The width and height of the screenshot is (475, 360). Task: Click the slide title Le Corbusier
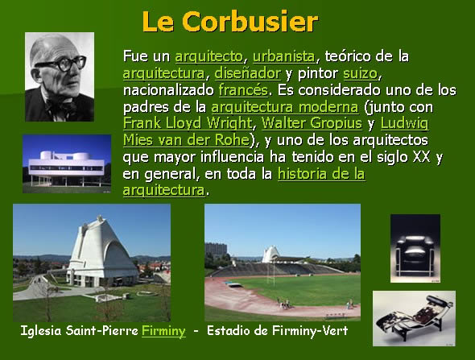[230, 22]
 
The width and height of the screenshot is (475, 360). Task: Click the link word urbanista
[284, 56]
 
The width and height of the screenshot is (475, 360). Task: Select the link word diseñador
[247, 73]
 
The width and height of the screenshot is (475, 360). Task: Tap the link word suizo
[361, 73]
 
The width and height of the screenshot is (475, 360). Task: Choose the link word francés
[243, 90]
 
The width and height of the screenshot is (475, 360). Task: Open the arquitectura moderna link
[285, 107]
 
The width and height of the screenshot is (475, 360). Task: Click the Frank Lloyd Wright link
[188, 123]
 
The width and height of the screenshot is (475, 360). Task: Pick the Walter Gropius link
[312, 123]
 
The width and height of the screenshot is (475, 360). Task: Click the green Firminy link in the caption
[163, 331]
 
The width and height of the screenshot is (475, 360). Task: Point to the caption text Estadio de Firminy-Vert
[277, 330]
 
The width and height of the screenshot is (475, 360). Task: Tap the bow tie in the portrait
[61, 106]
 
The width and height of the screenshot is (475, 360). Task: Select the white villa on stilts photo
[67, 163]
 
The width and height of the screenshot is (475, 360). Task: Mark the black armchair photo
[415, 248]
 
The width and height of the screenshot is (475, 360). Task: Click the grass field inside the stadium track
[303, 289]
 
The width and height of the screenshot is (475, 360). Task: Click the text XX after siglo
[422, 157]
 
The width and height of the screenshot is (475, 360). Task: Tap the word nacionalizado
[168, 90]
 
